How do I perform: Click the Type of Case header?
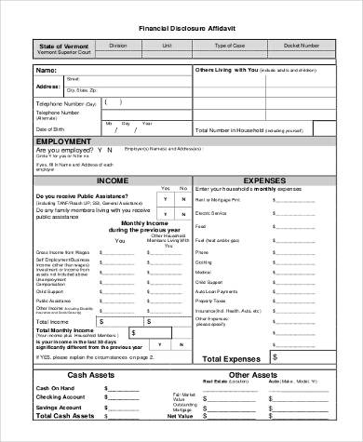229,45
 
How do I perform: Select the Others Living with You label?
226,70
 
